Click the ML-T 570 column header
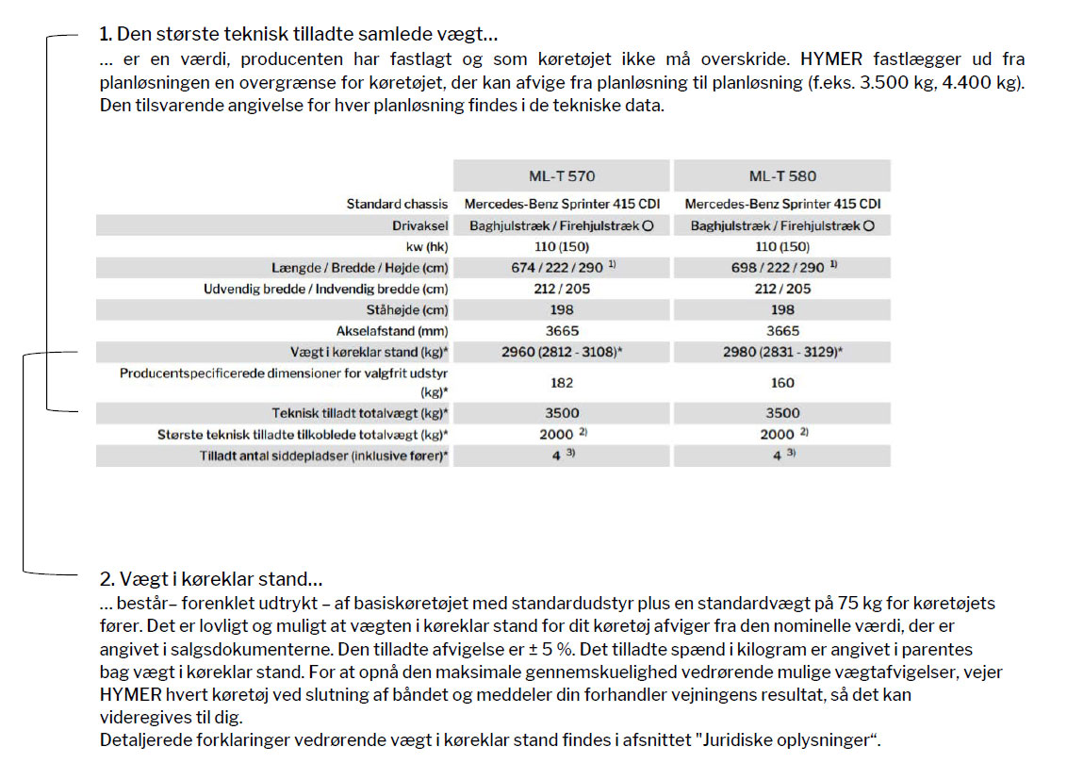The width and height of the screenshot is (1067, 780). click(561, 175)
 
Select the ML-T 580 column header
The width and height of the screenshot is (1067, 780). click(782, 175)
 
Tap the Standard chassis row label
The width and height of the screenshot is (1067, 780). click(397, 204)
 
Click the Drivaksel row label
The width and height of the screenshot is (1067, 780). click(420, 226)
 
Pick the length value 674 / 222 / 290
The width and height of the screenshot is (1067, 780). click(556, 268)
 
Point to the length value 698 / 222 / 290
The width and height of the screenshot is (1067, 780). click(777, 268)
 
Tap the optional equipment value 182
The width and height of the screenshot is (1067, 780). click(561, 383)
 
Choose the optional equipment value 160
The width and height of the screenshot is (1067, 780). click(782, 383)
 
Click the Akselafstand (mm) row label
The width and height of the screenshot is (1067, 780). click(392, 331)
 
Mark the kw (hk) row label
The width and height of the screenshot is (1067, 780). click(423, 247)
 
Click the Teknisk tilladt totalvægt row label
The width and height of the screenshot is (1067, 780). click(360, 413)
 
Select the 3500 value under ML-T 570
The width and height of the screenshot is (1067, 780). click(561, 413)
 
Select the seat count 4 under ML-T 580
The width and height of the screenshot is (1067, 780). click(778, 456)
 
